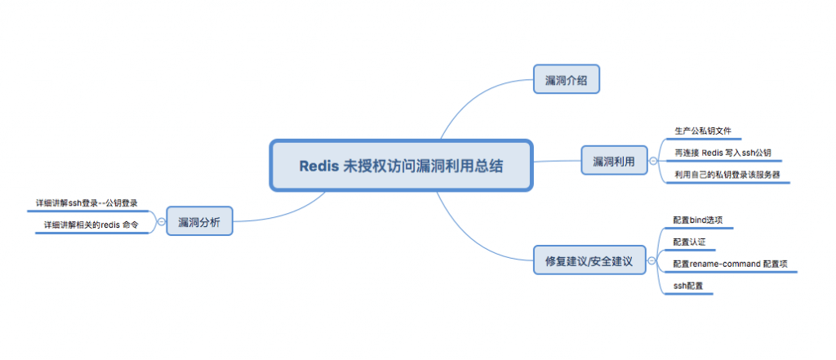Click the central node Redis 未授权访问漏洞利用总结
[x=401, y=166]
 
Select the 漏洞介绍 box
[x=567, y=80]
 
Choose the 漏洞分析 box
[x=199, y=220]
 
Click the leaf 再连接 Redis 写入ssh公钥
[x=723, y=153]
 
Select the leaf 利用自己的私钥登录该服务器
[x=727, y=175]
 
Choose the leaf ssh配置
[x=687, y=287]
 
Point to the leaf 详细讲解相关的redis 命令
[x=91, y=224]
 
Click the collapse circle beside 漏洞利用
[x=652, y=161]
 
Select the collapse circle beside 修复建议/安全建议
[x=651, y=263]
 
